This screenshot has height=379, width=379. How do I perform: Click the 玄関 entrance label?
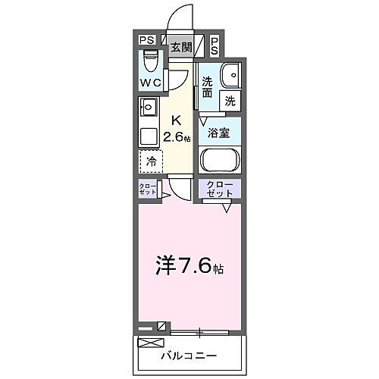click(180, 48)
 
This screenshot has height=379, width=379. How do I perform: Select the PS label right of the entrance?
click(215, 46)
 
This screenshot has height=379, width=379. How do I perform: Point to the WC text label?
click(150, 83)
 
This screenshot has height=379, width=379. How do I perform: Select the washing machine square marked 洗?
click(230, 99)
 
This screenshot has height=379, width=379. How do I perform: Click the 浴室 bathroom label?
click(219, 133)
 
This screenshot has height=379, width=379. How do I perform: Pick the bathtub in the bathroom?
click(220, 161)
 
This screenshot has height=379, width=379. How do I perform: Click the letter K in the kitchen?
click(176, 121)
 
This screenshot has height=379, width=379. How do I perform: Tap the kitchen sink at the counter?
click(148, 106)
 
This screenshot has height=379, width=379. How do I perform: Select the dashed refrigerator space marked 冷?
click(151, 161)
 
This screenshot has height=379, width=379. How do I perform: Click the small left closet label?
click(147, 189)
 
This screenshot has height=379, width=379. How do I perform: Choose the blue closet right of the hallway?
click(220, 189)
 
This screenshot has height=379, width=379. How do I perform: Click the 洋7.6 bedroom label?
click(188, 266)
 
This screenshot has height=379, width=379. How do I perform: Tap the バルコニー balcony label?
click(189, 356)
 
